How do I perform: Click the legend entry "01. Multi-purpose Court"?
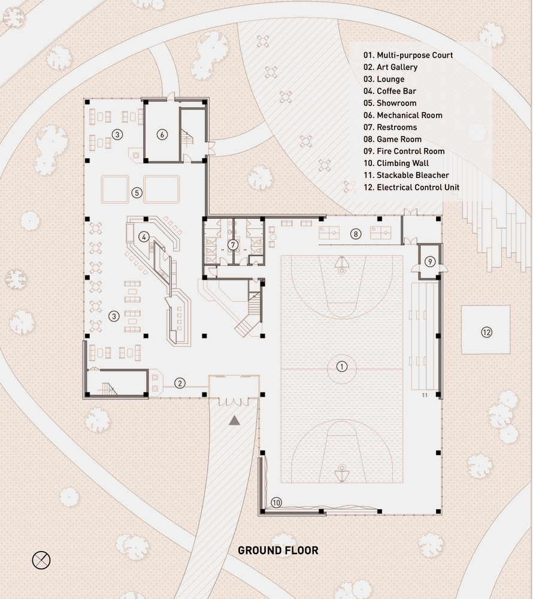(408, 55)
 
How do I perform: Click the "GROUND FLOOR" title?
(278, 550)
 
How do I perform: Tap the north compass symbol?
(41, 560)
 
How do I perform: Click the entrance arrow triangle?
(234, 420)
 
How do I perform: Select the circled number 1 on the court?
(342, 366)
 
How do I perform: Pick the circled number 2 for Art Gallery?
(179, 383)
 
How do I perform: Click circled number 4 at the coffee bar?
(144, 237)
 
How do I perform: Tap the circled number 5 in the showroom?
(137, 192)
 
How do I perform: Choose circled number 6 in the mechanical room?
(162, 134)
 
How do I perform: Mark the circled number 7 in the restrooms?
(234, 244)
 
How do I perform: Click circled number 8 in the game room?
(356, 234)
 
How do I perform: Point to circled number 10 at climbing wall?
(276, 503)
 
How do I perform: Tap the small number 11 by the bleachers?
(425, 395)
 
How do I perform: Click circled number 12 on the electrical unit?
(486, 331)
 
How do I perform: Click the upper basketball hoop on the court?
(341, 264)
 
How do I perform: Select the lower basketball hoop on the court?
(341, 473)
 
